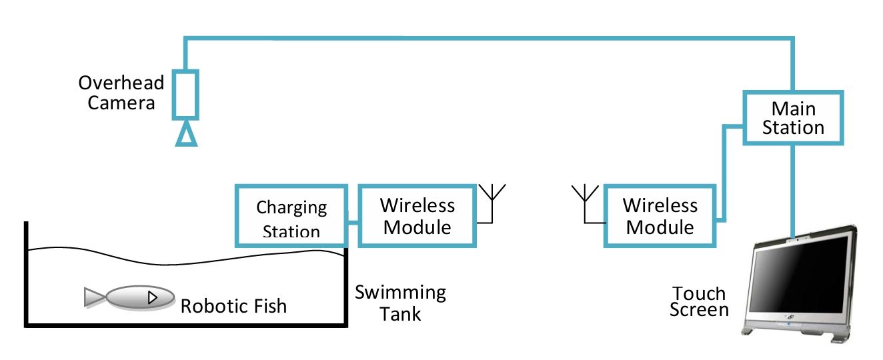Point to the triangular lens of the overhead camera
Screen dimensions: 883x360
(186, 135)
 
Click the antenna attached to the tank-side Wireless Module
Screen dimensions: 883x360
(492, 203)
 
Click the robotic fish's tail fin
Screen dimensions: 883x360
(95, 297)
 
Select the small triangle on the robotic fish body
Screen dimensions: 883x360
(153, 297)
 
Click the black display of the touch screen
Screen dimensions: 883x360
(800, 276)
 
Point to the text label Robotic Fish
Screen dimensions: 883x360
(233, 306)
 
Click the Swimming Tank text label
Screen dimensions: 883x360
(401, 303)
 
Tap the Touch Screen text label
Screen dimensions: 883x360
(699, 302)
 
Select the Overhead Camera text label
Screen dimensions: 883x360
(121, 93)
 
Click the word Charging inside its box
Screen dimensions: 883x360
(291, 207)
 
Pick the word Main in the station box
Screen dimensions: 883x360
(793, 109)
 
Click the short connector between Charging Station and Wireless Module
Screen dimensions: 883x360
(353, 223)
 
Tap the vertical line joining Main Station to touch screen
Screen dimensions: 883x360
(793, 191)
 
